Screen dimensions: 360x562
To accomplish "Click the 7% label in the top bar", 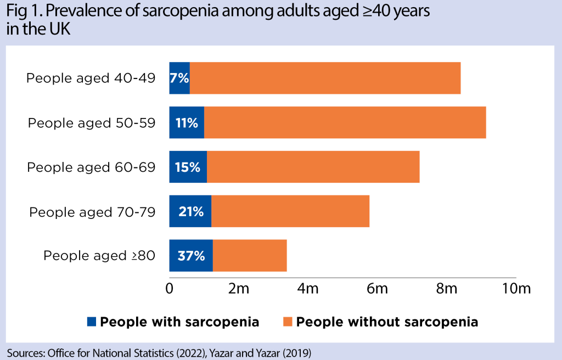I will click(179, 78).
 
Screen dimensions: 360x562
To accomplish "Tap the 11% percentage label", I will click(187, 123).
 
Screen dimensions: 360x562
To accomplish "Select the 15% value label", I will click(188, 167).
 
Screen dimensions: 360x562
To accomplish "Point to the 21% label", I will click(190, 211).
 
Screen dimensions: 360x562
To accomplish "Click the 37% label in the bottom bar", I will click(191, 256).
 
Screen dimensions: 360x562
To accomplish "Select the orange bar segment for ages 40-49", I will click(325, 78).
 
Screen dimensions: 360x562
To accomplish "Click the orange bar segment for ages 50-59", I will click(345, 123).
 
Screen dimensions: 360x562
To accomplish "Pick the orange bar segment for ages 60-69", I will click(313, 167).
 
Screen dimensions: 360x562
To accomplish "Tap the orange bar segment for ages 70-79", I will click(290, 211).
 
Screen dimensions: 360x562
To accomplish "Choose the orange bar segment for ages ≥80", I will click(250, 256).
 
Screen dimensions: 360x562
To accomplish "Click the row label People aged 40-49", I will click(91, 78).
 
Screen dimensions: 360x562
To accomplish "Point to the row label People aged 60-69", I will click(91, 167).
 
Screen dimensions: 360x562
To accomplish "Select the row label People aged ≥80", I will click(99, 256).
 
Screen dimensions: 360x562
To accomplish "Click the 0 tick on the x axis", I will click(169, 289).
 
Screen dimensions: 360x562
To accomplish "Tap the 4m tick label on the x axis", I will click(308, 289).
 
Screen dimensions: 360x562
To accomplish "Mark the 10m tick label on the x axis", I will click(516, 289).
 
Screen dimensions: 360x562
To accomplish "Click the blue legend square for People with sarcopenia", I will click(92, 322).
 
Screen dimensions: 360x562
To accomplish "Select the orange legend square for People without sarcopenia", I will click(288, 322).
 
